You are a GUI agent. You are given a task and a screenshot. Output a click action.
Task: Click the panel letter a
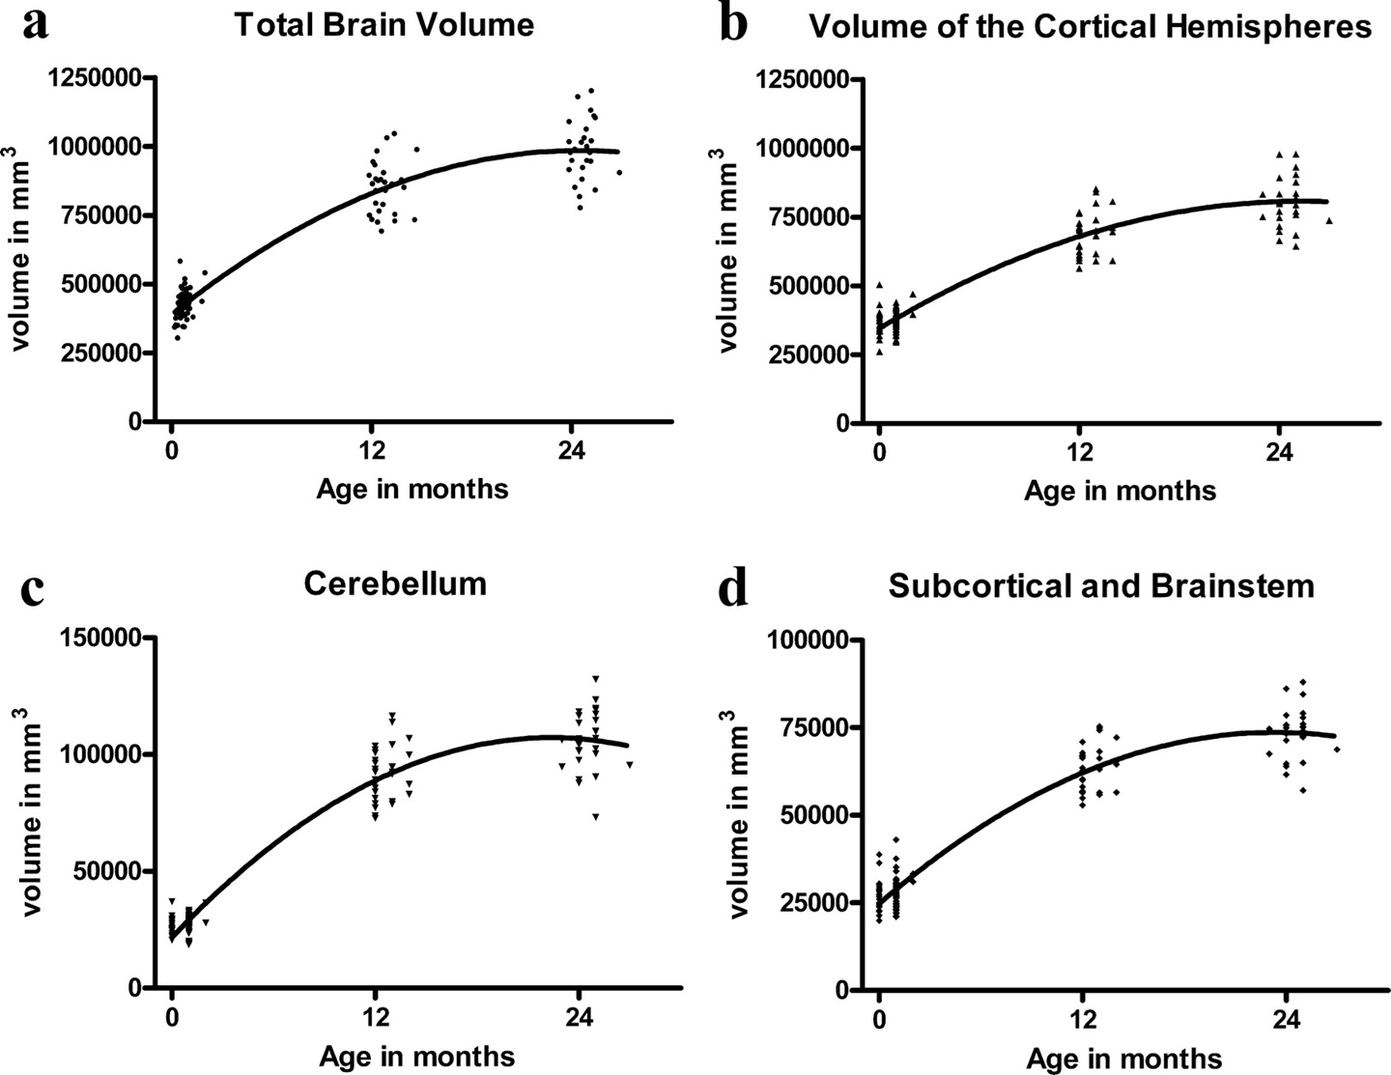[36, 23]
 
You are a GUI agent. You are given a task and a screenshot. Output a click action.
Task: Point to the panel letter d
[734, 587]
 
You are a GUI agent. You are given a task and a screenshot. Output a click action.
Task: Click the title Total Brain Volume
[383, 24]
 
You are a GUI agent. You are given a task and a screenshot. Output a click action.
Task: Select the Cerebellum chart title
[394, 583]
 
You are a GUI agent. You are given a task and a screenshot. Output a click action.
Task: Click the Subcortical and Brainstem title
[1101, 585]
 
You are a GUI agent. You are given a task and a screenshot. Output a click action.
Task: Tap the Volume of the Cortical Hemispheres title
[1090, 26]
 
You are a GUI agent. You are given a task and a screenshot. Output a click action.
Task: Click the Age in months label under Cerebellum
[417, 1056]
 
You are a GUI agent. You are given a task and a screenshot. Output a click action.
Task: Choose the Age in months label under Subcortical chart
[1124, 1059]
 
